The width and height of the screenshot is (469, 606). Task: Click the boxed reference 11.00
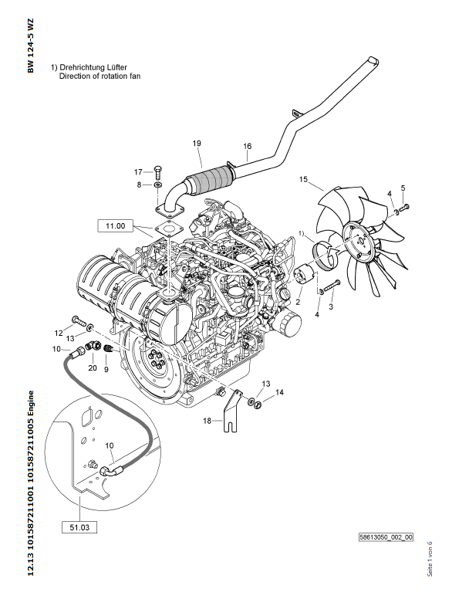coord(115,226)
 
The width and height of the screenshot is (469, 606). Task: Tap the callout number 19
coord(197,144)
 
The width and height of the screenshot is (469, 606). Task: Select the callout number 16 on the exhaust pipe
coord(248,146)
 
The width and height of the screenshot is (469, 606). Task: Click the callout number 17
coord(139,171)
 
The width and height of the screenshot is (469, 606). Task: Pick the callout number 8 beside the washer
coord(139,185)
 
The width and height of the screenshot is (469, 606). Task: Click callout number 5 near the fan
coord(402,188)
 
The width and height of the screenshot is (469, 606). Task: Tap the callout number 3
coord(331,308)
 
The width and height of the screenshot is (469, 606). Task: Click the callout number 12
coord(58,333)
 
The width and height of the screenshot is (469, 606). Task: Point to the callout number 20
coord(93,368)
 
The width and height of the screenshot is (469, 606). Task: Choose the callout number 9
coord(106,369)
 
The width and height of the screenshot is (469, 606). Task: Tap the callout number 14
coord(280,393)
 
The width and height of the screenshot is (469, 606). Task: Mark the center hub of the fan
coord(359,239)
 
